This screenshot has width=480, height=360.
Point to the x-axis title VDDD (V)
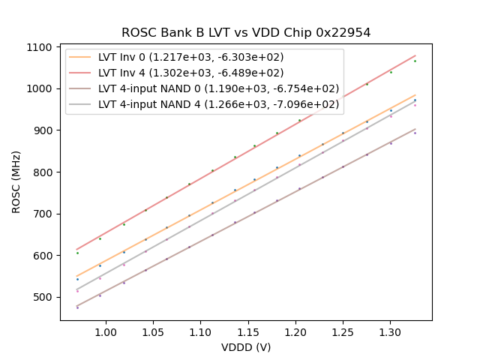tap(246, 347)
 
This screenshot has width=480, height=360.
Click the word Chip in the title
tap(303, 33)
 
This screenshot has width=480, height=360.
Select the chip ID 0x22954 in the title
tap(344, 33)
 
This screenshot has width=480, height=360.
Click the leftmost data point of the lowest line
tap(77, 307)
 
